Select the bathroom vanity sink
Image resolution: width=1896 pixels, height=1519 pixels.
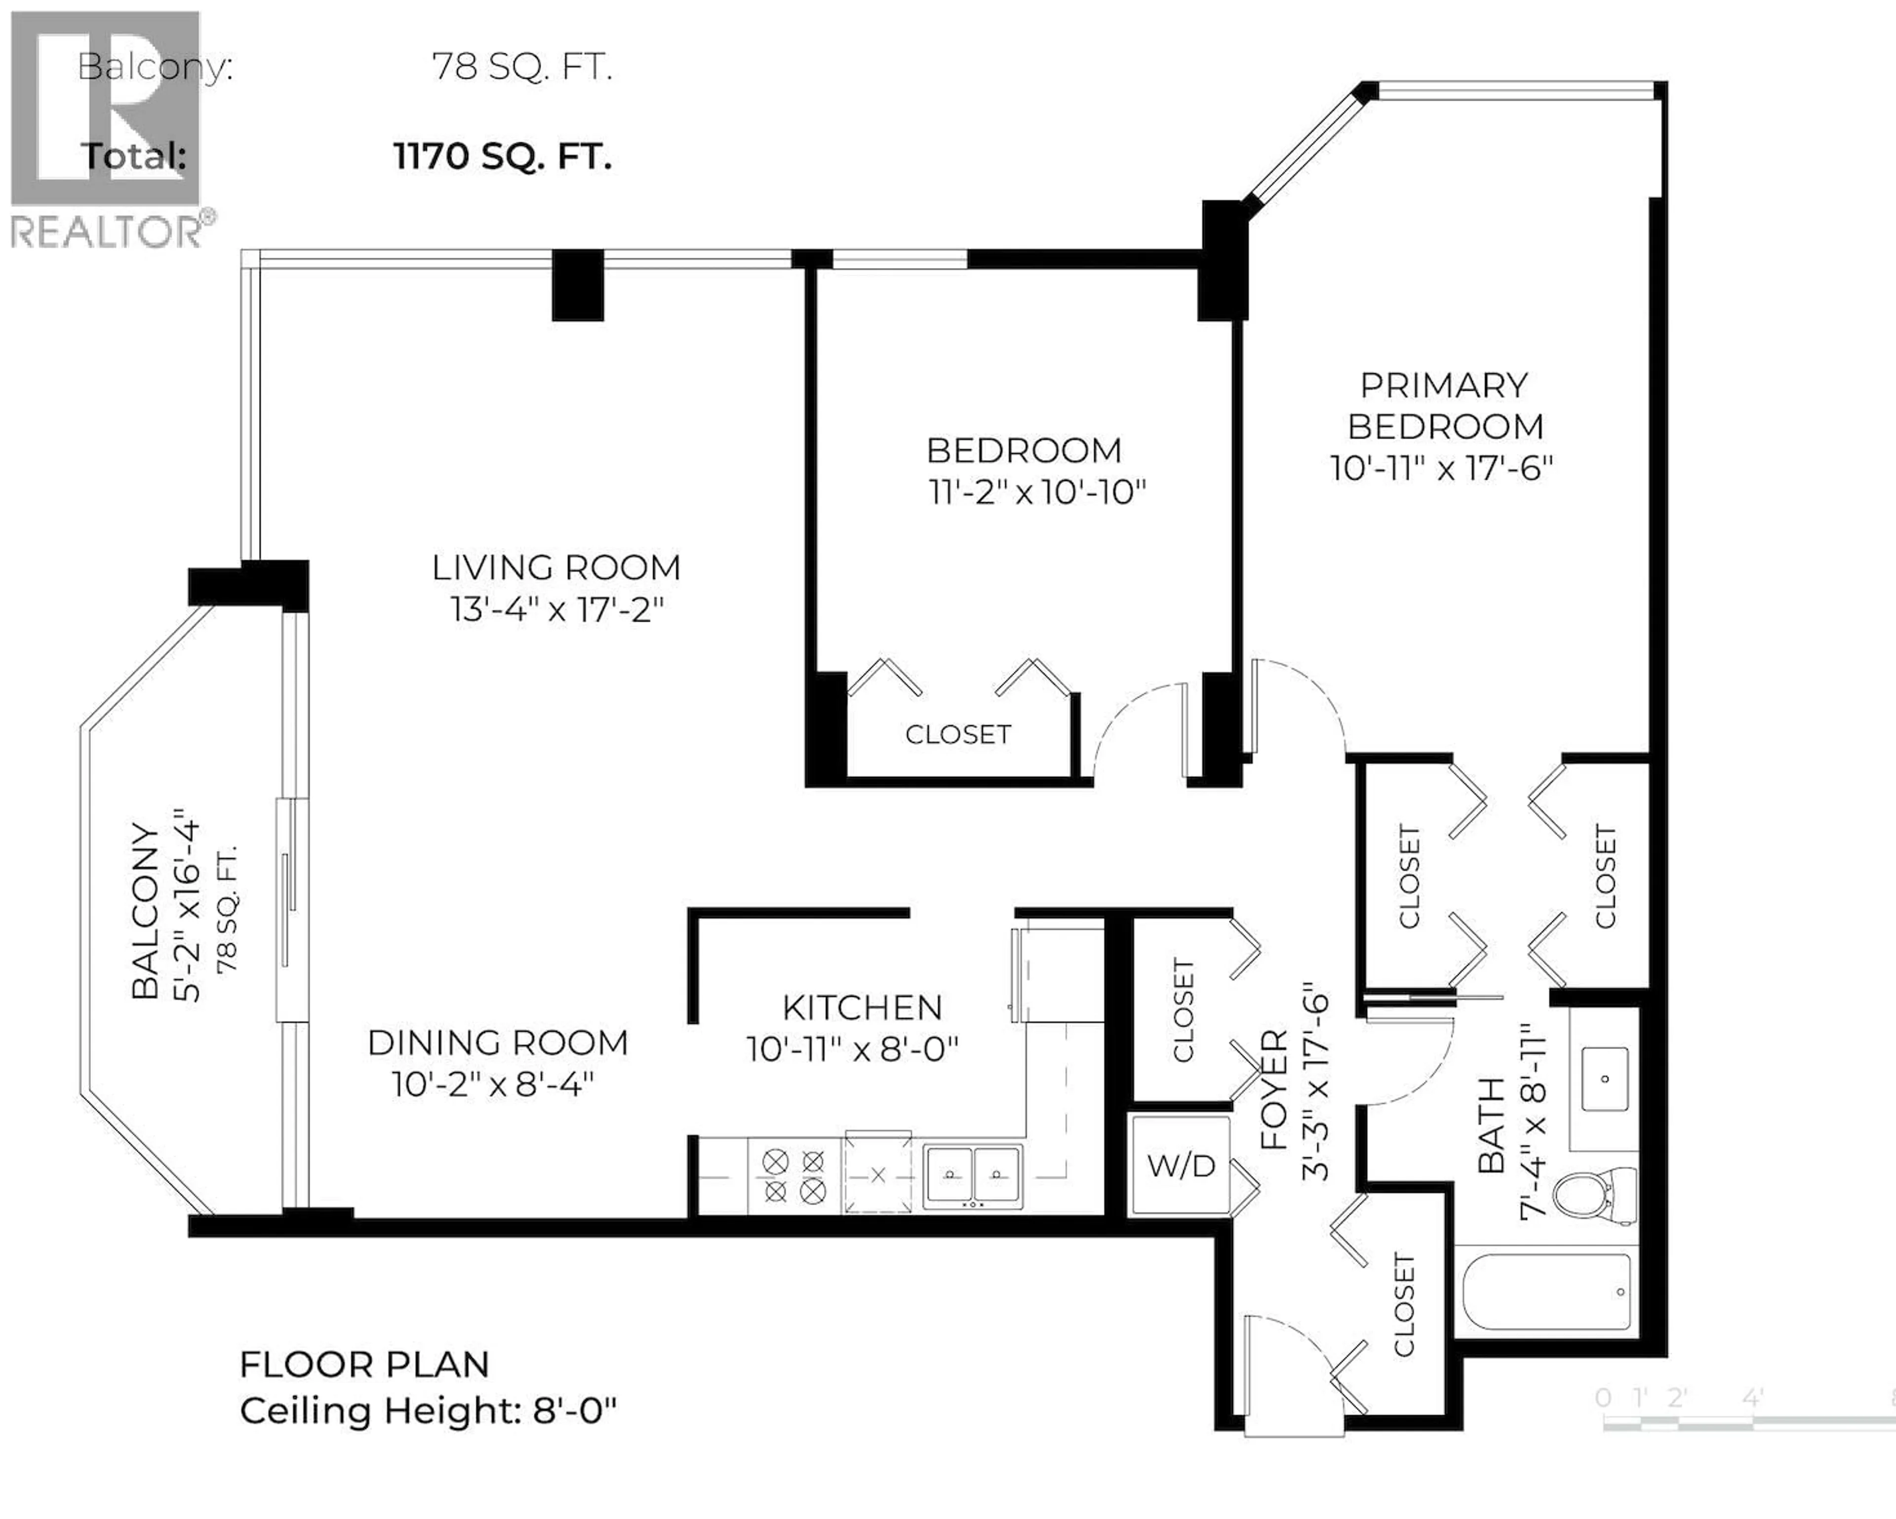click(x=1604, y=1079)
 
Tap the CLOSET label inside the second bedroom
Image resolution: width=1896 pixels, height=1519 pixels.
click(x=958, y=734)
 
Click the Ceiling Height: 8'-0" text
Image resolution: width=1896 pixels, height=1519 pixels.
click(x=428, y=1411)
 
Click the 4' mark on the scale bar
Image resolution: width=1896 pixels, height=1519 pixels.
click(x=1753, y=1397)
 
